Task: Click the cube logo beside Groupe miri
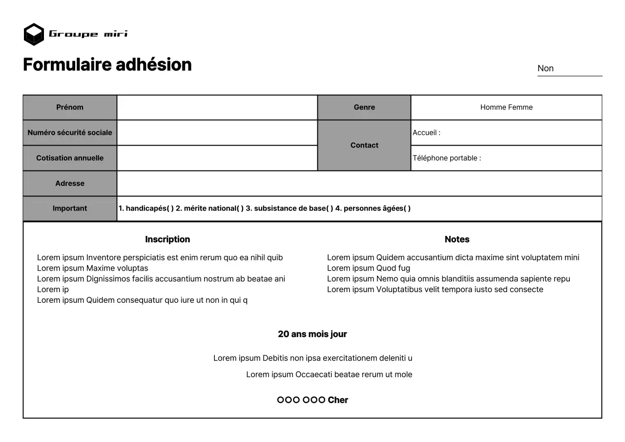tap(34, 34)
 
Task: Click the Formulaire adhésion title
tap(107, 64)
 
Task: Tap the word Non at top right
tap(545, 68)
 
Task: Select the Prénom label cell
tap(70, 107)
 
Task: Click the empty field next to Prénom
tap(217, 107)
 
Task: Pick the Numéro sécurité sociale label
tap(70, 133)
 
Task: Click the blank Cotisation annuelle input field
tap(217, 158)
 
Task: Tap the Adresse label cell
tap(70, 184)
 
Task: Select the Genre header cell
tap(364, 107)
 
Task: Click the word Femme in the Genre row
tap(521, 107)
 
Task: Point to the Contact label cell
tap(364, 146)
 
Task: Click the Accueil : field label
tap(426, 133)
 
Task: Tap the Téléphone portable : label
tap(447, 158)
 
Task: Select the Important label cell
tap(70, 209)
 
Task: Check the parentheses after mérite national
tap(240, 209)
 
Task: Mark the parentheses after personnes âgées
tap(407, 209)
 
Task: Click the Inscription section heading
tap(167, 239)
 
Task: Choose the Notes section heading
tap(457, 239)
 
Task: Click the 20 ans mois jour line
tap(312, 334)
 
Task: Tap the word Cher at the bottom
tap(338, 400)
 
